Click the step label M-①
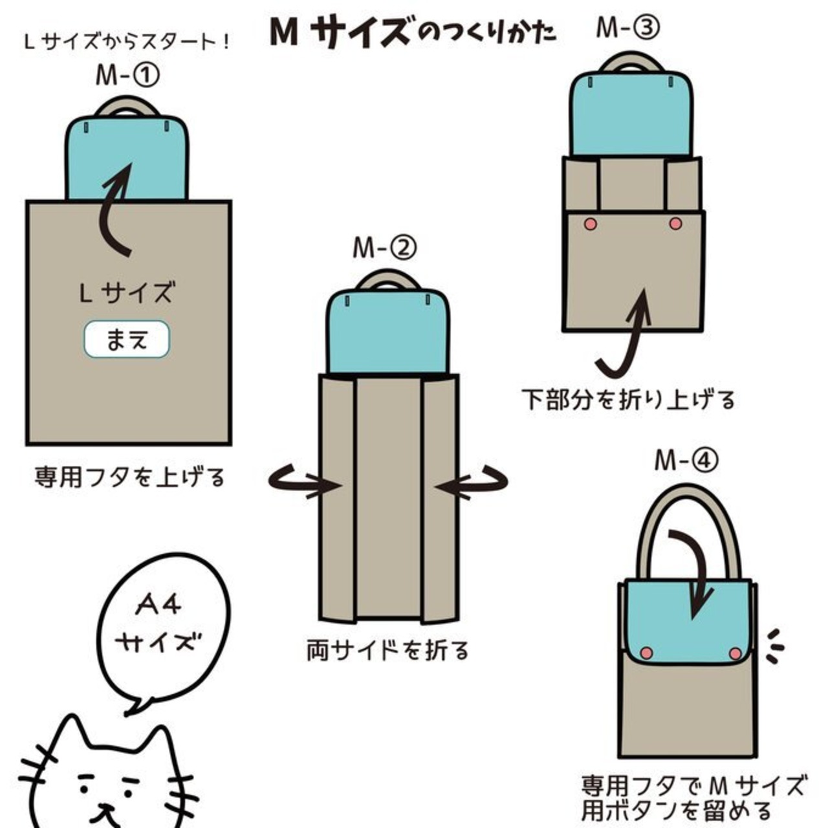click(127, 76)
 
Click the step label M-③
click(627, 28)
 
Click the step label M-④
click(686, 461)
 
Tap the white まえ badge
click(127, 339)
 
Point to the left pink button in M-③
click(590, 224)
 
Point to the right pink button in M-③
click(675, 224)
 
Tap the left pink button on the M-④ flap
click(646, 652)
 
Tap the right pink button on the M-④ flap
click(735, 653)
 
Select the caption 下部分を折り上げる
click(628, 399)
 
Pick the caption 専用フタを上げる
click(129, 477)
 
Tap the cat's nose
click(103, 801)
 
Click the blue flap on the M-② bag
click(387, 336)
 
